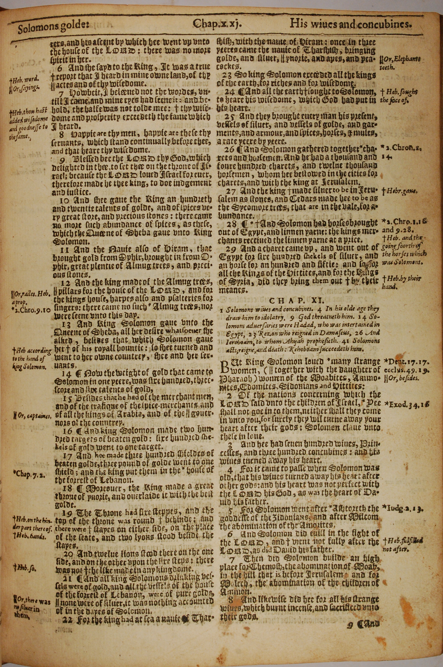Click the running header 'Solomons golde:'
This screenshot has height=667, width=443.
[53, 29]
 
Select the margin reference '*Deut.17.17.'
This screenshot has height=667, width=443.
[406, 362]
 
